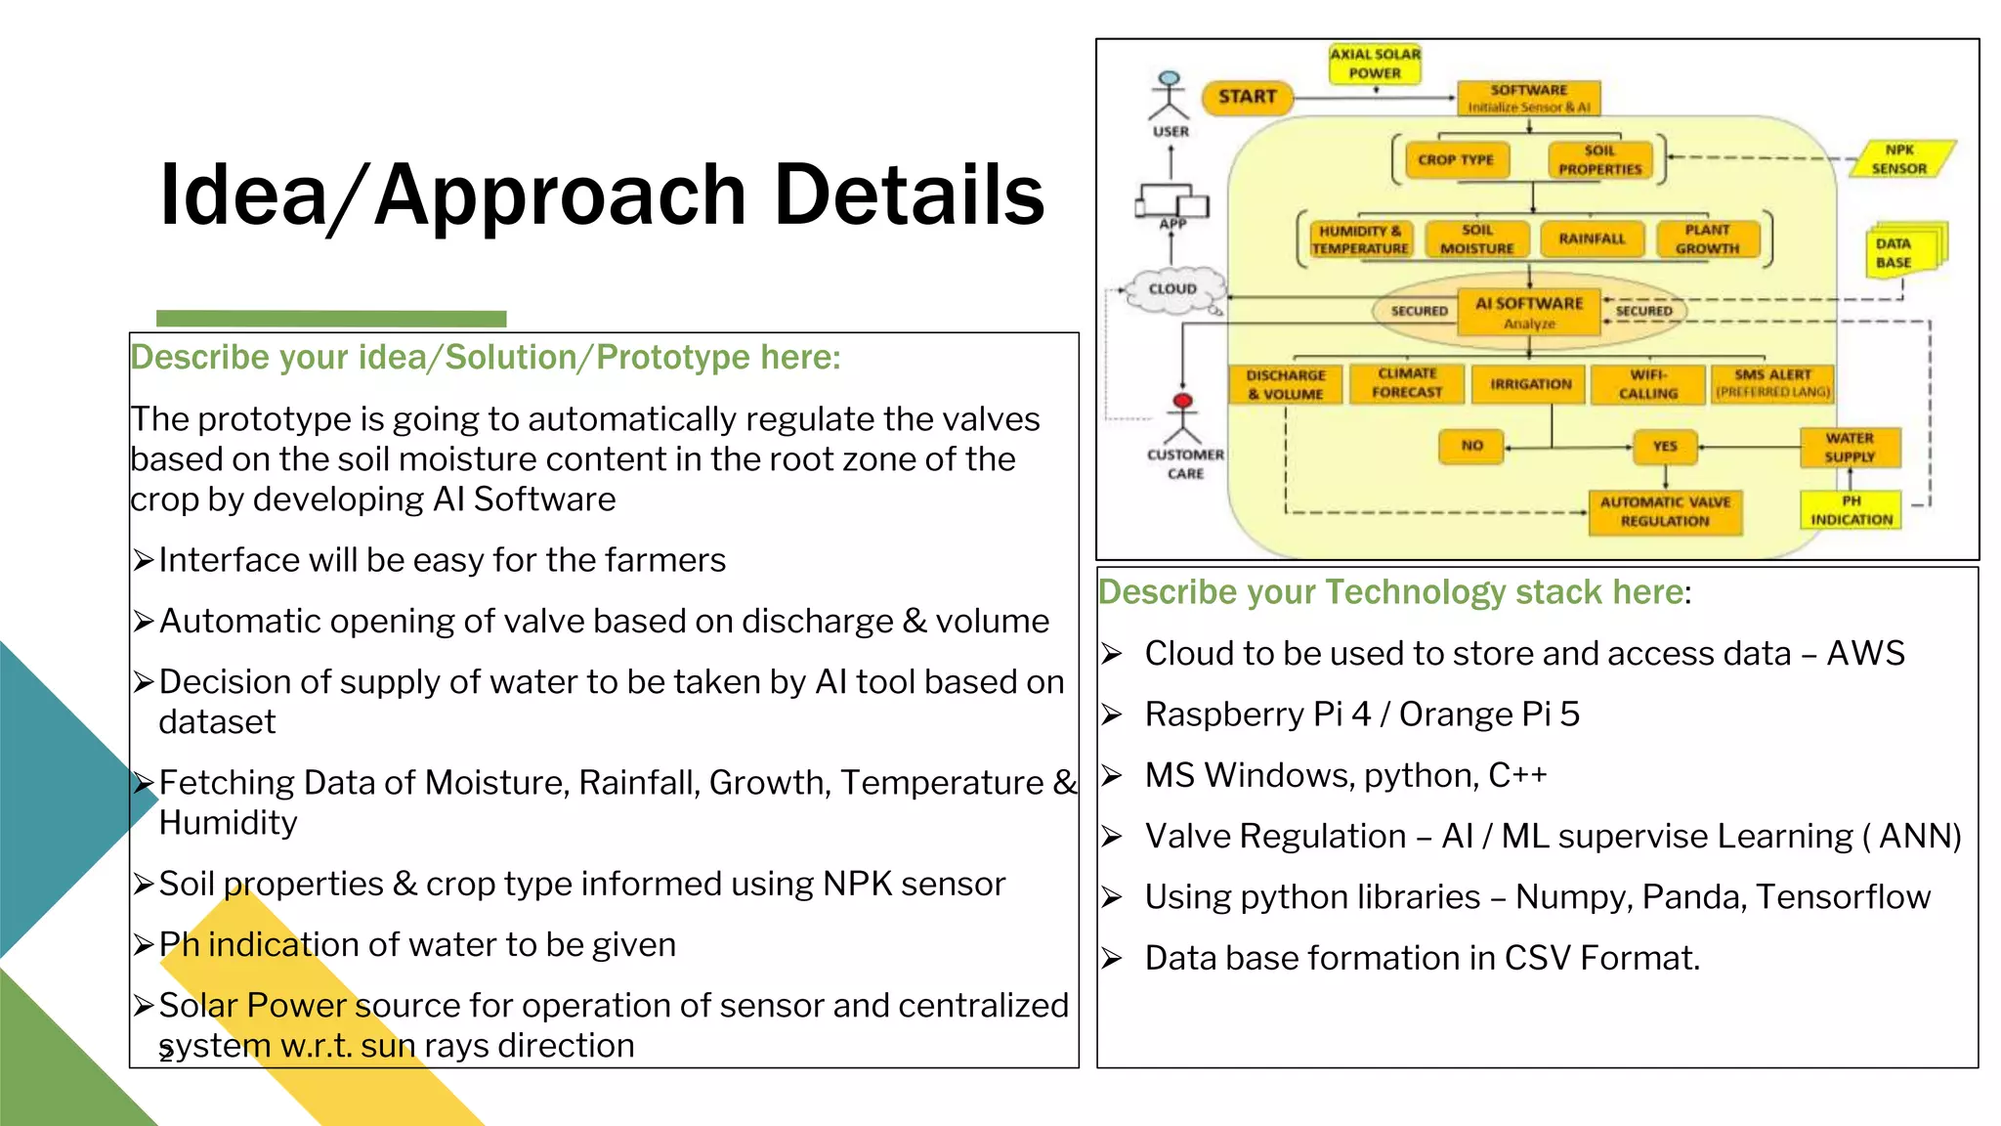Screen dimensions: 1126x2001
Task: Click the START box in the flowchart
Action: click(x=1247, y=97)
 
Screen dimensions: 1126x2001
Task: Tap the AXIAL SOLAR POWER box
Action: click(x=1375, y=65)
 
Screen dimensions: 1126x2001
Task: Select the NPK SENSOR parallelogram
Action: click(x=1899, y=159)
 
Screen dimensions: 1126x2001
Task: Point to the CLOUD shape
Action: click(x=1172, y=289)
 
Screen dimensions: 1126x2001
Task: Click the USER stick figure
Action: click(x=1170, y=97)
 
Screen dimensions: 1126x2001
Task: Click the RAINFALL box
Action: click(x=1592, y=238)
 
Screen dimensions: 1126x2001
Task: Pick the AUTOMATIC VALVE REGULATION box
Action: click(x=1665, y=512)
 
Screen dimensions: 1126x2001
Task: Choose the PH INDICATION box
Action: click(x=1851, y=510)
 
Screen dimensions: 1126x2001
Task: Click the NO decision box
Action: click(x=1471, y=446)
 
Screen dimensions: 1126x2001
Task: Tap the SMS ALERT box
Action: click(x=1772, y=383)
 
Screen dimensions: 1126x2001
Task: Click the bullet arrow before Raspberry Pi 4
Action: click(x=1112, y=715)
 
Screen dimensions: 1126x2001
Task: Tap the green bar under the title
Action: click(x=331, y=319)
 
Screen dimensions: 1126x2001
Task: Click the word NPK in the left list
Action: click(x=857, y=884)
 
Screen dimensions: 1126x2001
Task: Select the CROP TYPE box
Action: click(x=1455, y=160)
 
